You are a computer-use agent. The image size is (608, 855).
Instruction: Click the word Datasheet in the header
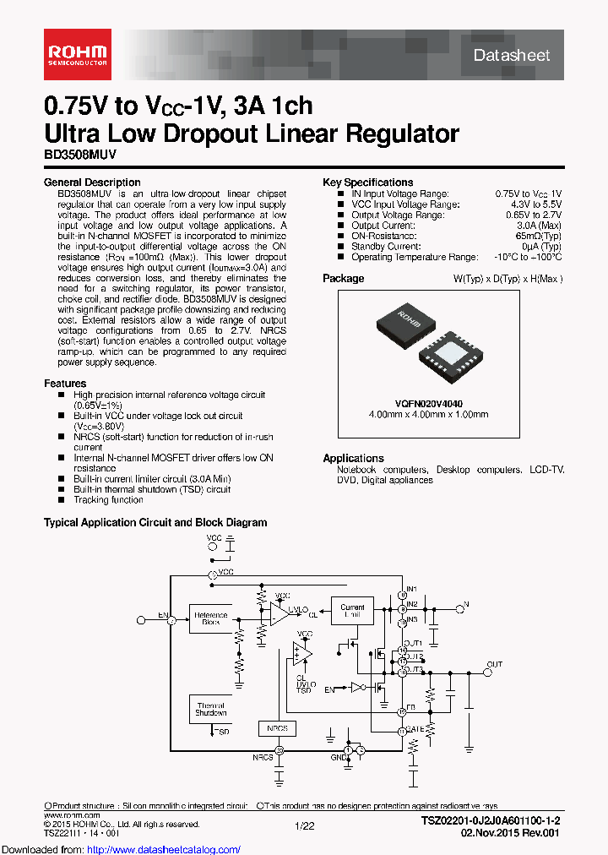tap(512, 55)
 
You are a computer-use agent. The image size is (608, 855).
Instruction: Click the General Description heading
tap(91, 182)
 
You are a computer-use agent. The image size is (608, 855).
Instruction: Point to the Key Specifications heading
tap(367, 182)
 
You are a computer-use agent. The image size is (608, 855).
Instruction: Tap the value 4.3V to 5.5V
tap(529, 204)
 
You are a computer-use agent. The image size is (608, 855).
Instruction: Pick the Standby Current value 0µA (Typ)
tap(538, 247)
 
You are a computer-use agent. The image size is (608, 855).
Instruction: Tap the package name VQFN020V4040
tap(428, 403)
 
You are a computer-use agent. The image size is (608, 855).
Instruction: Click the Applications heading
tap(353, 458)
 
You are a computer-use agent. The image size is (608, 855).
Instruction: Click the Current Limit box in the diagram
tap(352, 611)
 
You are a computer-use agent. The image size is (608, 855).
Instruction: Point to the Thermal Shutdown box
tap(211, 709)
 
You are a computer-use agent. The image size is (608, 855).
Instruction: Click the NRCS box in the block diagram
tap(277, 728)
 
